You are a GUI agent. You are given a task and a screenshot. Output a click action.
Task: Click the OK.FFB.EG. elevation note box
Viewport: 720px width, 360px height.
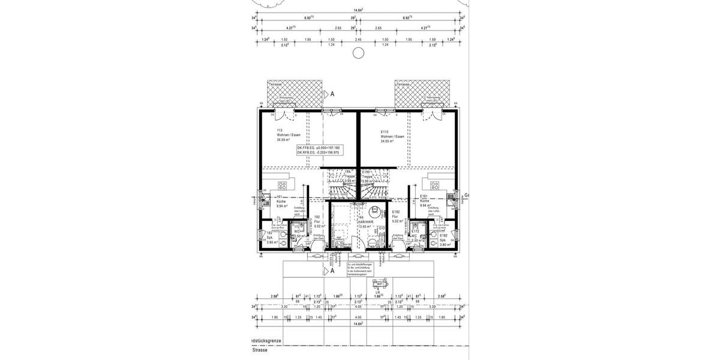pyautogui.click(x=318, y=150)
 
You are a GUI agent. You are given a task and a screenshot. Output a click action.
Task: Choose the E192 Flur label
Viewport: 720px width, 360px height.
pyautogui.click(x=396, y=216)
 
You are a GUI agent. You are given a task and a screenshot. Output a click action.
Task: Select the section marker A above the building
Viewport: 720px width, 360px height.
pyautogui.click(x=331, y=94)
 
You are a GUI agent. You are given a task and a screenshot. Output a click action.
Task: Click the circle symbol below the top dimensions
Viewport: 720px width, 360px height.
pyautogui.click(x=358, y=53)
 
